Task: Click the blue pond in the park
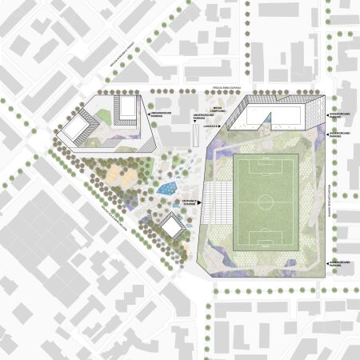coord(167,189)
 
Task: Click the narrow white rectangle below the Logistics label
coord(196,137)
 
